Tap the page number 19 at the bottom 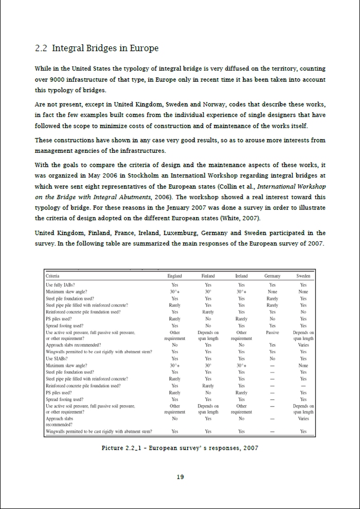pyautogui.click(x=180, y=477)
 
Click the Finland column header pyautogui.click(x=208, y=276)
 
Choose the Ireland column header pyautogui.click(x=241, y=276)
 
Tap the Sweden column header pyautogui.click(x=303, y=276)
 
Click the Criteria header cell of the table pyautogui.click(x=54, y=276)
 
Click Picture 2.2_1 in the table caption pyautogui.click(x=123, y=448)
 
